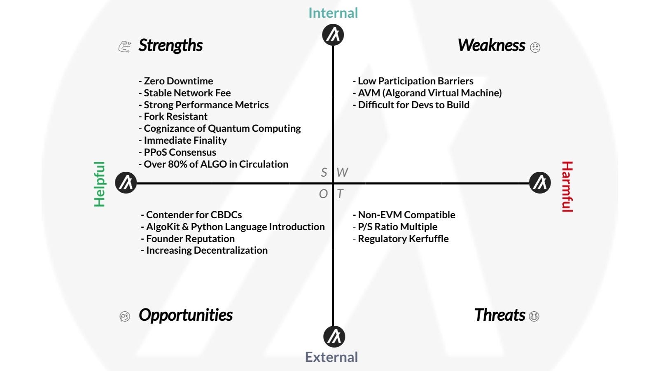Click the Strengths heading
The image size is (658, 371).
[170, 46]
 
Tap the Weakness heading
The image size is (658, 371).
[491, 46]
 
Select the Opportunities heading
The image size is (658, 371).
[186, 315]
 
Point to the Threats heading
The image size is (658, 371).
[499, 315]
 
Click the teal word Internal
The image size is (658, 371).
[333, 13]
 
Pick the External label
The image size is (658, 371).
[331, 357]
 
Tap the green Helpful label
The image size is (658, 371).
[100, 184]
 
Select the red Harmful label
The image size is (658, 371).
[567, 187]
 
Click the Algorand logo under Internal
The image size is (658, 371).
[333, 35]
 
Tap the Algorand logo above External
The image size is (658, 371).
[334, 336]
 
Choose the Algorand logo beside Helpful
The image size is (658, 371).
[126, 182]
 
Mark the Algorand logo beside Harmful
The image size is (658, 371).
[539, 182]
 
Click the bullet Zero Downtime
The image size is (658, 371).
[176, 81]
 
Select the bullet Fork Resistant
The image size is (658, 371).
[173, 117]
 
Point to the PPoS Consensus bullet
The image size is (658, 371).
[177, 152]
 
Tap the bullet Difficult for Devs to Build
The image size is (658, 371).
[411, 105]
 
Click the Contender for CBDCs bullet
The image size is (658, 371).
[191, 215]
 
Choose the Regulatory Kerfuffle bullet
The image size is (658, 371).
[401, 239]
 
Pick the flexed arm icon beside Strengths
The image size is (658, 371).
[124, 46]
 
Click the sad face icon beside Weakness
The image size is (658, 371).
[535, 47]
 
